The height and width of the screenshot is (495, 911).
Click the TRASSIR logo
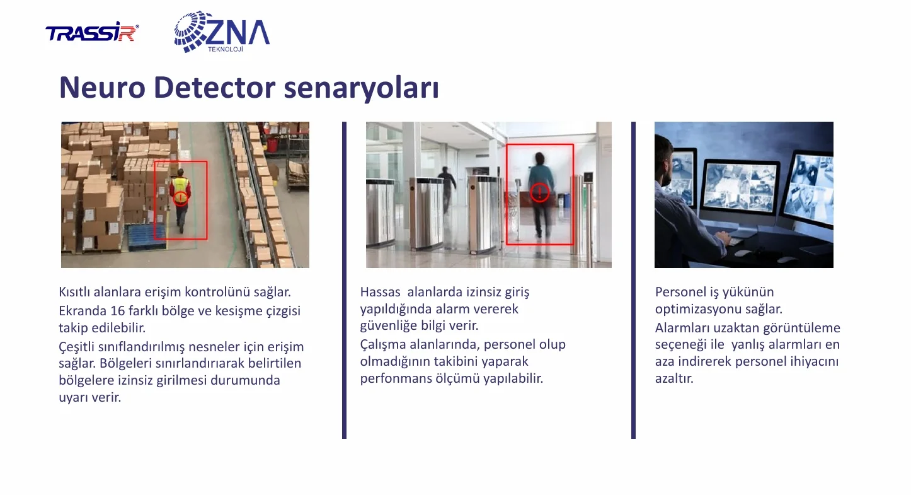point(92,32)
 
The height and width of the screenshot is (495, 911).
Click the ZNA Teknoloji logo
point(222,32)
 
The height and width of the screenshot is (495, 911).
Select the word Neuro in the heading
point(102,87)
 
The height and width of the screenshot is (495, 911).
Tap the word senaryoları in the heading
point(361,88)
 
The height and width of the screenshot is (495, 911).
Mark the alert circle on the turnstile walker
point(540,192)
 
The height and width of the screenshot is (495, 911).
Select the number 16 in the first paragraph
point(118,311)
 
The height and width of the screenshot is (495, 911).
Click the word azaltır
point(674,378)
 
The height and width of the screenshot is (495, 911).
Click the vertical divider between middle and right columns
point(633,280)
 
